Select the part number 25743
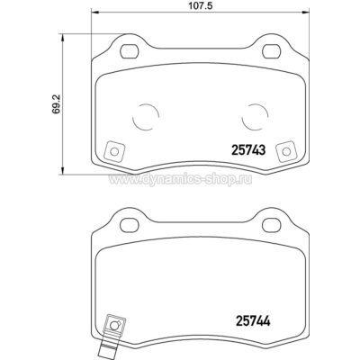click(x=248, y=150)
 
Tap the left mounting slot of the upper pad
click(x=130, y=51)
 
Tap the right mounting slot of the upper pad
click(x=272, y=51)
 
